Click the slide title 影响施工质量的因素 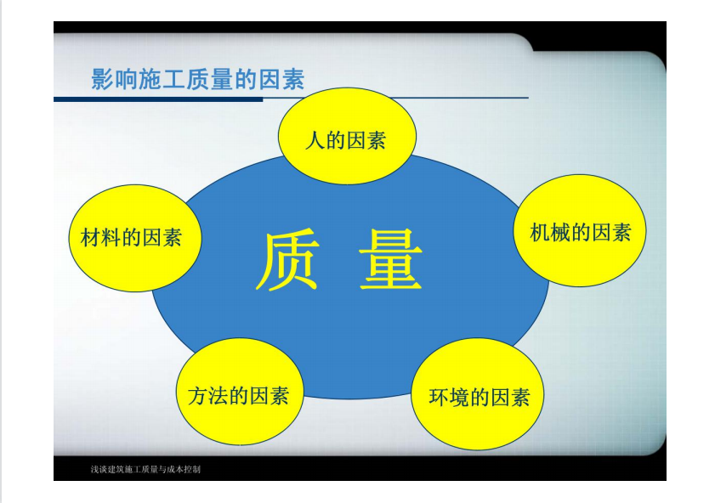(198, 79)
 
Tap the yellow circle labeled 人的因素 (347, 136)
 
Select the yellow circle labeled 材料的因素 (135, 238)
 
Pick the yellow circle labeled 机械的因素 (580, 230)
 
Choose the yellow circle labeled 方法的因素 (240, 392)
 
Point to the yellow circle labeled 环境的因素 (478, 393)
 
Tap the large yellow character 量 (391, 260)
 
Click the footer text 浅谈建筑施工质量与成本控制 (145, 469)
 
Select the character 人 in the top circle (315, 140)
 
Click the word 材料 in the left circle (100, 237)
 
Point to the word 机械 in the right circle (550, 232)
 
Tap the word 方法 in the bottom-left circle (208, 395)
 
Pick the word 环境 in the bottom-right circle (449, 397)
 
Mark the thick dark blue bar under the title (158, 99)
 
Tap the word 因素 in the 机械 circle (611, 232)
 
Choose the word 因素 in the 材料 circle (162, 237)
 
